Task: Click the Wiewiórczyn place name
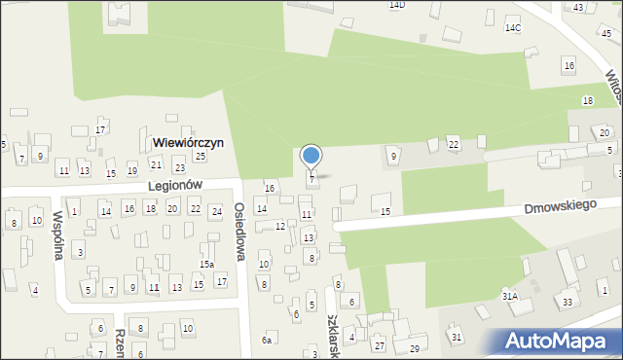(x=188, y=142)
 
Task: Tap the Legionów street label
(x=174, y=185)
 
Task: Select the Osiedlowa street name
(x=239, y=232)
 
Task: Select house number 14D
(x=396, y=5)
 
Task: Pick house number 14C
(x=512, y=28)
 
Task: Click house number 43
(x=578, y=8)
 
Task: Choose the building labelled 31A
(x=509, y=295)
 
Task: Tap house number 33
(x=568, y=302)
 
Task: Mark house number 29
(x=414, y=348)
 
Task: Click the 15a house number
(x=206, y=264)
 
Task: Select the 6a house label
(x=267, y=340)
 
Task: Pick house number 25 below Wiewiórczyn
(x=200, y=156)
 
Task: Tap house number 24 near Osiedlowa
(x=216, y=209)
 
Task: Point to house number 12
(x=279, y=227)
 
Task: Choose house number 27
(x=380, y=345)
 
